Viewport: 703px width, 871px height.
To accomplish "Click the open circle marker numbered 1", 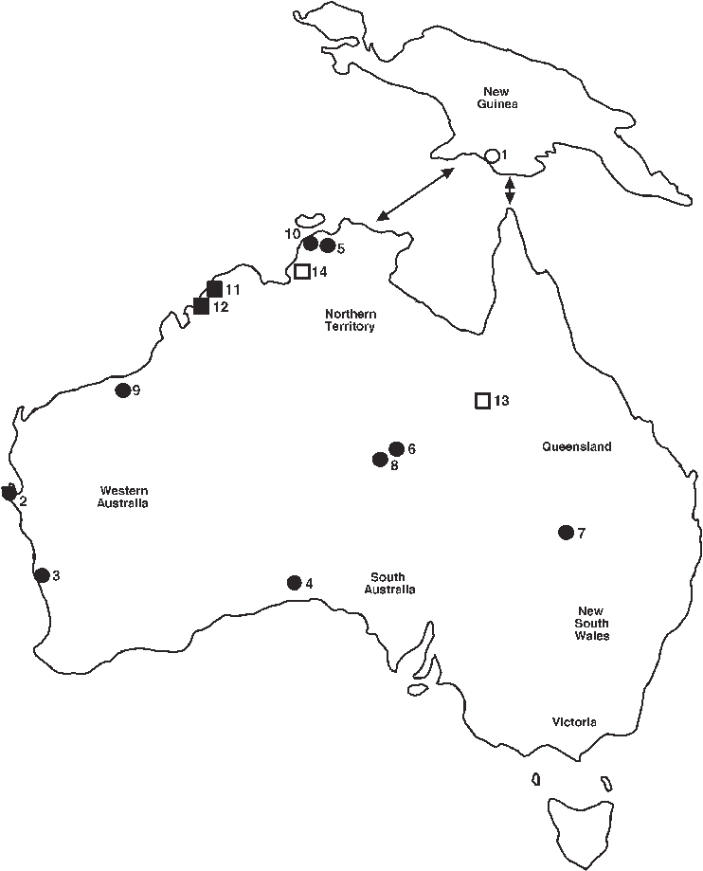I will pos(492,155).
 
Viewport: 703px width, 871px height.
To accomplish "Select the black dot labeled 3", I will pos(42,575).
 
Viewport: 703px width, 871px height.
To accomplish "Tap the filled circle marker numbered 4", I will pos(294,583).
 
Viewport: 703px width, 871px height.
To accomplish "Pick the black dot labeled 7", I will pos(567,533).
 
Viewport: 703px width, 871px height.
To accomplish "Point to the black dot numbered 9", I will pos(122,390).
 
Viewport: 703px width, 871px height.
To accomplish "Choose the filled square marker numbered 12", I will pos(201,305).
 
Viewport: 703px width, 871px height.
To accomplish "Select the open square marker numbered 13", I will pos(482,400).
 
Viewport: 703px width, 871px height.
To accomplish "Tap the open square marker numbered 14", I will pos(302,272).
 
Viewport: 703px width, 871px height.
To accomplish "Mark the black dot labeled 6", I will pos(397,449).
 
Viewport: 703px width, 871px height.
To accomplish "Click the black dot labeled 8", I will pos(381,461).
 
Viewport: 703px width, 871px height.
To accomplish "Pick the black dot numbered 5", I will pos(328,246).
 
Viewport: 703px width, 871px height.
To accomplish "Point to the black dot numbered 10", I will pos(311,244).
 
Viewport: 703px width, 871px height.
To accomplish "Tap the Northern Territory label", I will pos(351,320).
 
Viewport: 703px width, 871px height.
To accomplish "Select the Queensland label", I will pos(577,446).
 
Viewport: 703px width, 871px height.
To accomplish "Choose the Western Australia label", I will pos(123,497).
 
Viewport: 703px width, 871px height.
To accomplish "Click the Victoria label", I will pos(574,722).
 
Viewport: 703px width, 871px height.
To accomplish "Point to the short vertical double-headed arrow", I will pos(511,191).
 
